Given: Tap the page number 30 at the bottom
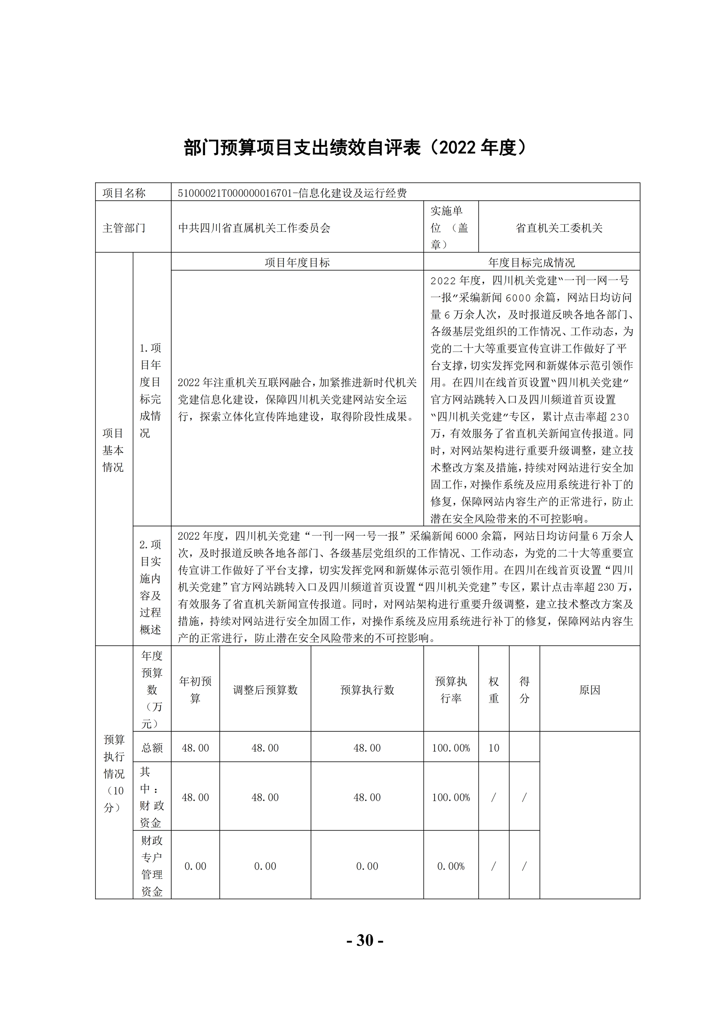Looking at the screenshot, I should coord(365,940).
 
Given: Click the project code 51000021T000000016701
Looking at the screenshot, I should coord(235,193).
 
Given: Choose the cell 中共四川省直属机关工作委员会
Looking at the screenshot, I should coord(254,228).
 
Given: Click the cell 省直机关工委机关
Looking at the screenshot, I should coord(559,228).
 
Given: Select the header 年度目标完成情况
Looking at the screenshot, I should coord(531,262).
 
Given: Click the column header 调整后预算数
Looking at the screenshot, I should coord(265,690).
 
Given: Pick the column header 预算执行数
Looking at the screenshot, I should coord(367,690).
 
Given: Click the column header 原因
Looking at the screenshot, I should coord(590,690).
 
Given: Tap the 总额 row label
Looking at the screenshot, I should coord(152,748).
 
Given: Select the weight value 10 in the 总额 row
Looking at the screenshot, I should coord(494,748).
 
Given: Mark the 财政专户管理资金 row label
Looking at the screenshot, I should coord(152,866).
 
